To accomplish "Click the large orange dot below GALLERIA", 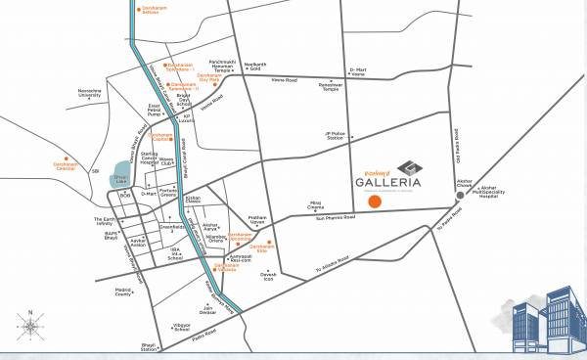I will [x=374, y=201].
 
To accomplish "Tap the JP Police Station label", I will [x=338, y=137].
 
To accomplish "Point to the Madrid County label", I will [x=123, y=292].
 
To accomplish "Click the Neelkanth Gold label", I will [x=282, y=66].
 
